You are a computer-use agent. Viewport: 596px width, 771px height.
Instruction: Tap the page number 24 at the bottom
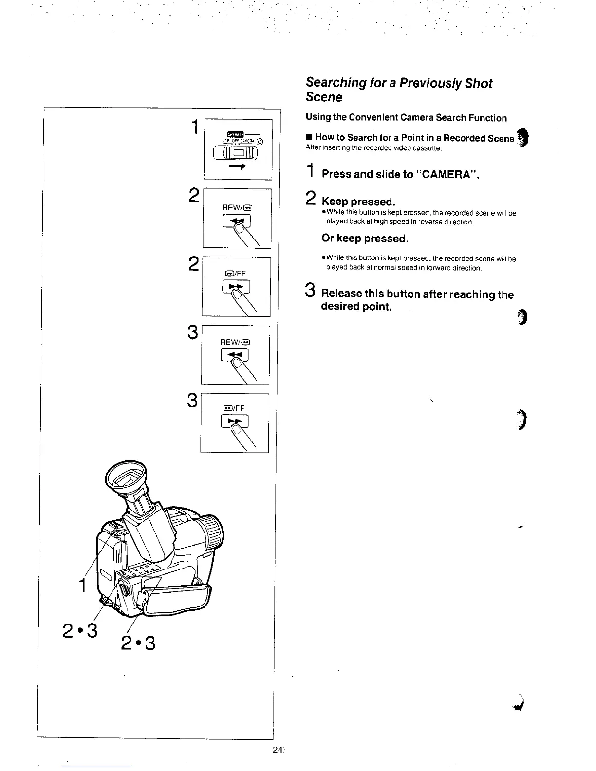coord(278,750)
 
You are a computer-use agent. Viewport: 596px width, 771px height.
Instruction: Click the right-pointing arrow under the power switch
coord(237,166)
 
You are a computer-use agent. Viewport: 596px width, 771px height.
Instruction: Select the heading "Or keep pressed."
coord(365,239)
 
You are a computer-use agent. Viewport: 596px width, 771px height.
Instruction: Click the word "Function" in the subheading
coord(488,118)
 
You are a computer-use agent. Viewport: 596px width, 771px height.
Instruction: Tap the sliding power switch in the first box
coord(237,153)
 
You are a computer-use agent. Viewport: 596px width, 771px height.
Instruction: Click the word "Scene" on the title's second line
coord(324,97)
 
